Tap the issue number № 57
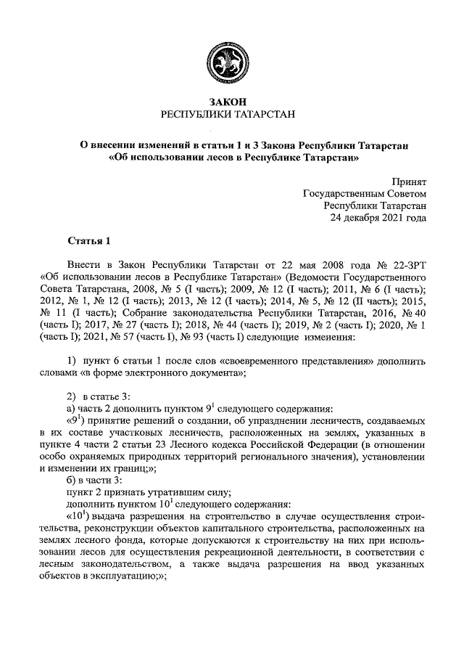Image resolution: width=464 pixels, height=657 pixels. point(120,338)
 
